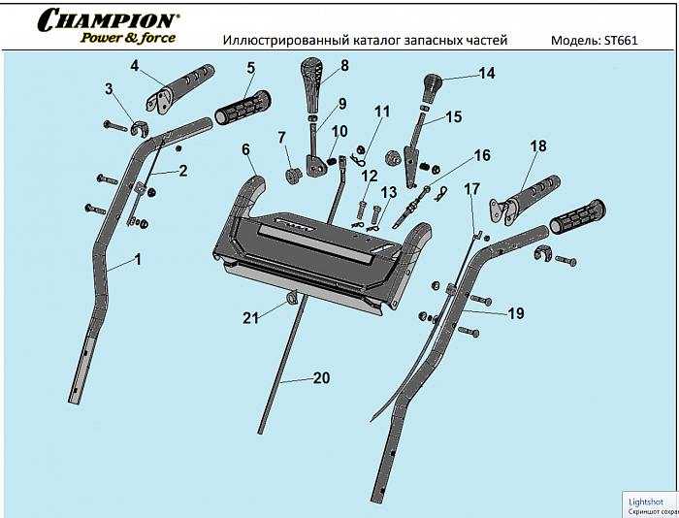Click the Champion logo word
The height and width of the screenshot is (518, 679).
point(107,19)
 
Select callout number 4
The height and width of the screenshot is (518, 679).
point(135,66)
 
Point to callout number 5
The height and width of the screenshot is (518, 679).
point(250,68)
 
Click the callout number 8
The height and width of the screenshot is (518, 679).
point(343,67)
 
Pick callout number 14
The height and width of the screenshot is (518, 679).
point(486,73)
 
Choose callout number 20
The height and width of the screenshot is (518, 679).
point(321,379)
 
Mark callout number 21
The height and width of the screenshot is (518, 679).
point(251,316)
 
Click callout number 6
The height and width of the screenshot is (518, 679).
point(245,149)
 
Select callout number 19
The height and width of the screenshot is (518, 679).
point(515,313)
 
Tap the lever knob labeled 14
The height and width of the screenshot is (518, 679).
point(433,85)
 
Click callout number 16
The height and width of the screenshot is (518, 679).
point(482,155)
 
